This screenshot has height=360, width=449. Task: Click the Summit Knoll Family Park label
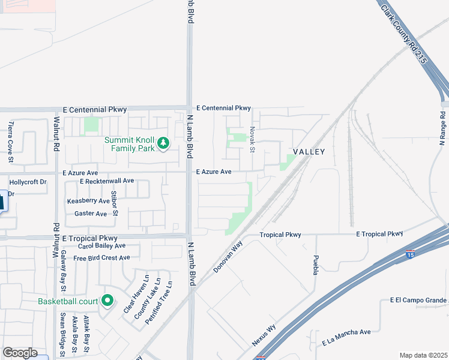[129, 144]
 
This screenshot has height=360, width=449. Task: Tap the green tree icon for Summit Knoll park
[163, 144]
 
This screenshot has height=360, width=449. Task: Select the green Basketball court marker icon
[107, 300]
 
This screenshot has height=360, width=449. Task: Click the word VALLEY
[309, 152]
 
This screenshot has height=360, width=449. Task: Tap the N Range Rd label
[442, 128]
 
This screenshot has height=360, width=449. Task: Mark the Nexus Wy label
[264, 334]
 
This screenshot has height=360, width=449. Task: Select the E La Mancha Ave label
[346, 337]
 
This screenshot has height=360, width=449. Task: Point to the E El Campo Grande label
[418, 300]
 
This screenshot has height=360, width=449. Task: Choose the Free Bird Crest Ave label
[101, 258]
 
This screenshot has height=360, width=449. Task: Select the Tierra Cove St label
[10, 142]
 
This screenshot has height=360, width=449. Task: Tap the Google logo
[19, 353]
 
